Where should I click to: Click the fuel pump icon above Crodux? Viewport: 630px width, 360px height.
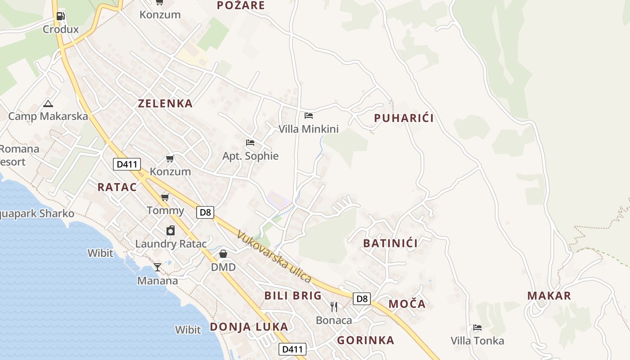point(60,16)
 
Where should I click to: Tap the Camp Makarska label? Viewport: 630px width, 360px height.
point(48,116)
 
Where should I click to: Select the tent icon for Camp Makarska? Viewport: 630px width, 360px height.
point(48,103)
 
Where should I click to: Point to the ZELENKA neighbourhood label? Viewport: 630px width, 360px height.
point(165,103)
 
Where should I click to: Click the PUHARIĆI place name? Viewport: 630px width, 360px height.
point(404,118)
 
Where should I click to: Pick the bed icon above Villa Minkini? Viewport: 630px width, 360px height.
point(309,116)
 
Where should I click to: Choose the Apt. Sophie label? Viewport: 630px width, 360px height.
point(251,156)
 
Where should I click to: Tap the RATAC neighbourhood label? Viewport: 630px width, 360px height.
point(117,187)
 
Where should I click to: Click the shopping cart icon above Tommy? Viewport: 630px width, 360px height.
point(165,197)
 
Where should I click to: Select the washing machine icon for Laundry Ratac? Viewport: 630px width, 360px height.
point(171,231)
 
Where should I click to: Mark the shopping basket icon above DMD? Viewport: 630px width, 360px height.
point(223,254)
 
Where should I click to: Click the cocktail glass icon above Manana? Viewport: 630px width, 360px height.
point(157,267)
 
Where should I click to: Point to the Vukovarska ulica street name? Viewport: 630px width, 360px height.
point(274,257)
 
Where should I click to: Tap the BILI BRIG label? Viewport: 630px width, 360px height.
point(293,296)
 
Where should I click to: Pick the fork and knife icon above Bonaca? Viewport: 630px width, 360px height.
point(334,307)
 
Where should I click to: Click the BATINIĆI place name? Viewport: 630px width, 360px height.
point(391,243)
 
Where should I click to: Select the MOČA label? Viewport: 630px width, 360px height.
point(407,304)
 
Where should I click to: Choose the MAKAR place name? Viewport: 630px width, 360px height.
point(549,296)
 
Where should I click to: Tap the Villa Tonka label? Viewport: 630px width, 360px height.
point(477,341)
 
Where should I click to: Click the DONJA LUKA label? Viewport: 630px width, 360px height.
point(249,327)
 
